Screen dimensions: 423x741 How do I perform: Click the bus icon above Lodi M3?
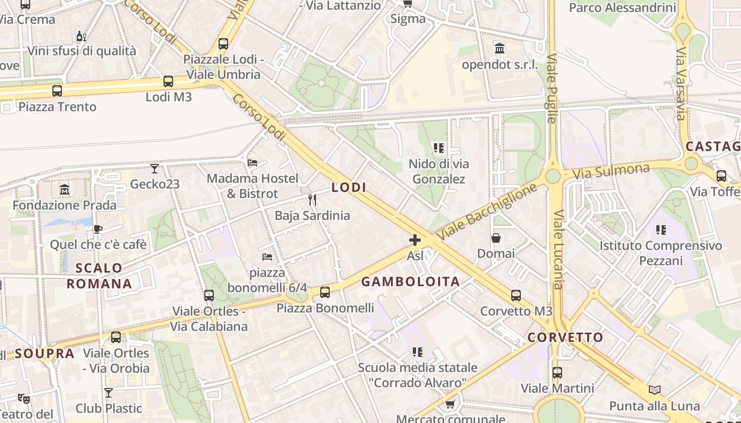pyautogui.click(x=168, y=81)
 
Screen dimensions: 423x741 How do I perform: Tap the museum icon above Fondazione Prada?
pyautogui.click(x=65, y=189)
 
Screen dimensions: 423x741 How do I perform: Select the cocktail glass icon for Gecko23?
pyautogui.click(x=155, y=169)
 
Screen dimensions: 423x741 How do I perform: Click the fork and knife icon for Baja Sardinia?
pyautogui.click(x=312, y=200)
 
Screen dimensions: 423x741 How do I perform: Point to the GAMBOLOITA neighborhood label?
pyautogui.click(x=411, y=282)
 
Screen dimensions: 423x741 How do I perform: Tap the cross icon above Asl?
pyautogui.click(x=415, y=241)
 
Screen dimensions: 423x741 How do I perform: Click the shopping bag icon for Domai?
pyautogui.click(x=496, y=238)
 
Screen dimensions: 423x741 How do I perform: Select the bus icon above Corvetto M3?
pyautogui.click(x=516, y=296)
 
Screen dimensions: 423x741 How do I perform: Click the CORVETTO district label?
pyautogui.click(x=565, y=337)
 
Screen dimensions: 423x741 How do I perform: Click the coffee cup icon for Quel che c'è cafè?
pyautogui.click(x=97, y=229)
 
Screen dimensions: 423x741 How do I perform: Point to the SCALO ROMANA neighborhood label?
pyautogui.click(x=99, y=275)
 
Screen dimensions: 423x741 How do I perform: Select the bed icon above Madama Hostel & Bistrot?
pyautogui.click(x=252, y=163)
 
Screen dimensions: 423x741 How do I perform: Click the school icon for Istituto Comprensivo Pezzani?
pyautogui.click(x=661, y=230)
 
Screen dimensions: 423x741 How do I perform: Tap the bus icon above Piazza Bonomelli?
pyautogui.click(x=325, y=292)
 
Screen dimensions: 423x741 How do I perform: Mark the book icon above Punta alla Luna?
pyautogui.click(x=655, y=390)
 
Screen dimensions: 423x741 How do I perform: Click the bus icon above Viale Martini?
pyautogui.click(x=557, y=373)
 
